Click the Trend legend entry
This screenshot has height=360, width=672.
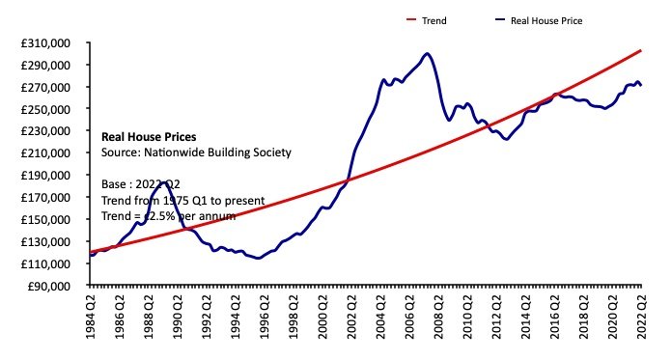(434, 18)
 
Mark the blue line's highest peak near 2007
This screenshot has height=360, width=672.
(427, 53)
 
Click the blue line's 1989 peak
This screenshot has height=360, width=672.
(167, 181)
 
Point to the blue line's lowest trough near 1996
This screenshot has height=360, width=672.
(258, 258)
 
